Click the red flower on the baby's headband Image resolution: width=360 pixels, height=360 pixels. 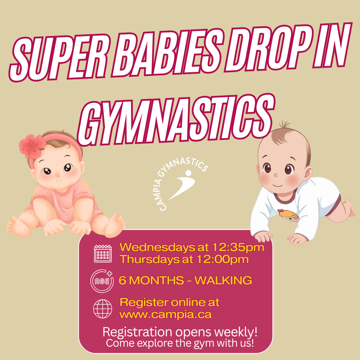pos(32,146)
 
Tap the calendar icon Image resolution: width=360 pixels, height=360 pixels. pos(103,254)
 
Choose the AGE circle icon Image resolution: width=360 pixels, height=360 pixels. pos(102,281)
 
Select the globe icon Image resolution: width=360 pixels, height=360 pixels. pos(103,309)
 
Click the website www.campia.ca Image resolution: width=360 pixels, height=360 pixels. pos(166,315)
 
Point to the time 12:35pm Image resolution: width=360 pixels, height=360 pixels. pos(238,247)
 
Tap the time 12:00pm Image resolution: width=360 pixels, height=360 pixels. pos(223,259)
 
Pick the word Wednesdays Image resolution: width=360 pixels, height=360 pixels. pos(157,247)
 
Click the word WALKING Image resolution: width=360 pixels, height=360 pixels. pos(223,281)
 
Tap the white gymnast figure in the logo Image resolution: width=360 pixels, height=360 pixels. pos(183,184)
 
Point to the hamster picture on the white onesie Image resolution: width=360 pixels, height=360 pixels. pos(288,215)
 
